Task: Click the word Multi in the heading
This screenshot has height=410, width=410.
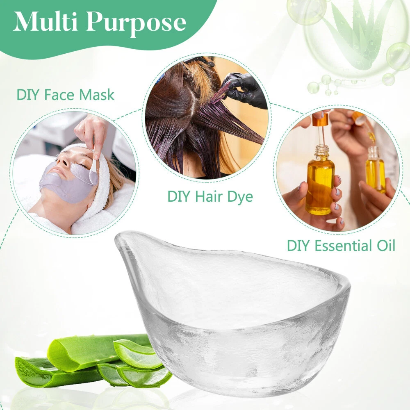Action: click(x=45, y=22)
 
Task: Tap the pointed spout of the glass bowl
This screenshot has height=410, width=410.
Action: click(x=121, y=238)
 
